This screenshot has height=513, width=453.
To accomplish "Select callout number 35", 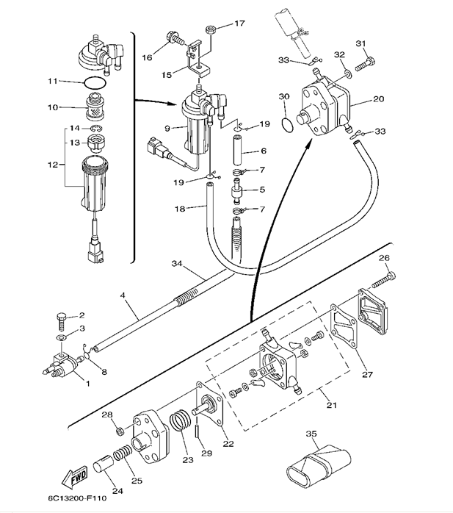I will point(312,434).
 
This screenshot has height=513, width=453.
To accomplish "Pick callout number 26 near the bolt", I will point(383,257).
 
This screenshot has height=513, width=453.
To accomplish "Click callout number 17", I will point(239,24).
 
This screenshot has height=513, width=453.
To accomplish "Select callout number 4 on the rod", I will point(123,296).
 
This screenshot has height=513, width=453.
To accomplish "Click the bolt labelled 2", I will point(61,320).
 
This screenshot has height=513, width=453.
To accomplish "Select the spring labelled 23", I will point(180,424).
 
